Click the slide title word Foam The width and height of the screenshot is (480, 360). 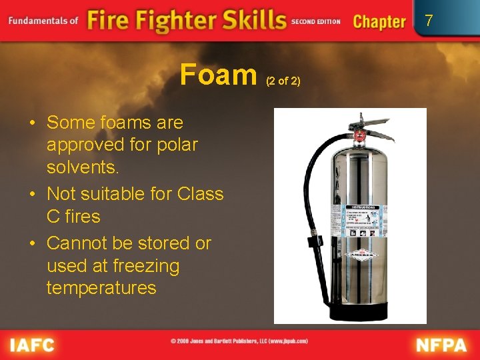coord(218,75)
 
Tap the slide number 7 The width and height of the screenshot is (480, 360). coord(429,21)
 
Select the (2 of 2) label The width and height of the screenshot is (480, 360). coord(283,81)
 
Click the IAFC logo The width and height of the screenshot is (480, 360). coord(31,345)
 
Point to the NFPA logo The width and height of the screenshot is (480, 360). coord(442,345)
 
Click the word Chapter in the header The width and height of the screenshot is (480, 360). coord(379,21)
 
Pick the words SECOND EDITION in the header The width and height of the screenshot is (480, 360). coord(316,21)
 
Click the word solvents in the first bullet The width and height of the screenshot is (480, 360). coord(83,167)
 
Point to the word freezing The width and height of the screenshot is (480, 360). coord(146,266)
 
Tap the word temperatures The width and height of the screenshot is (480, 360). coord(101,288)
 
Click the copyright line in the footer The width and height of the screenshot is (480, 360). coord(239,341)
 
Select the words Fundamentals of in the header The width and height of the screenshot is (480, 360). coord(43,21)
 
